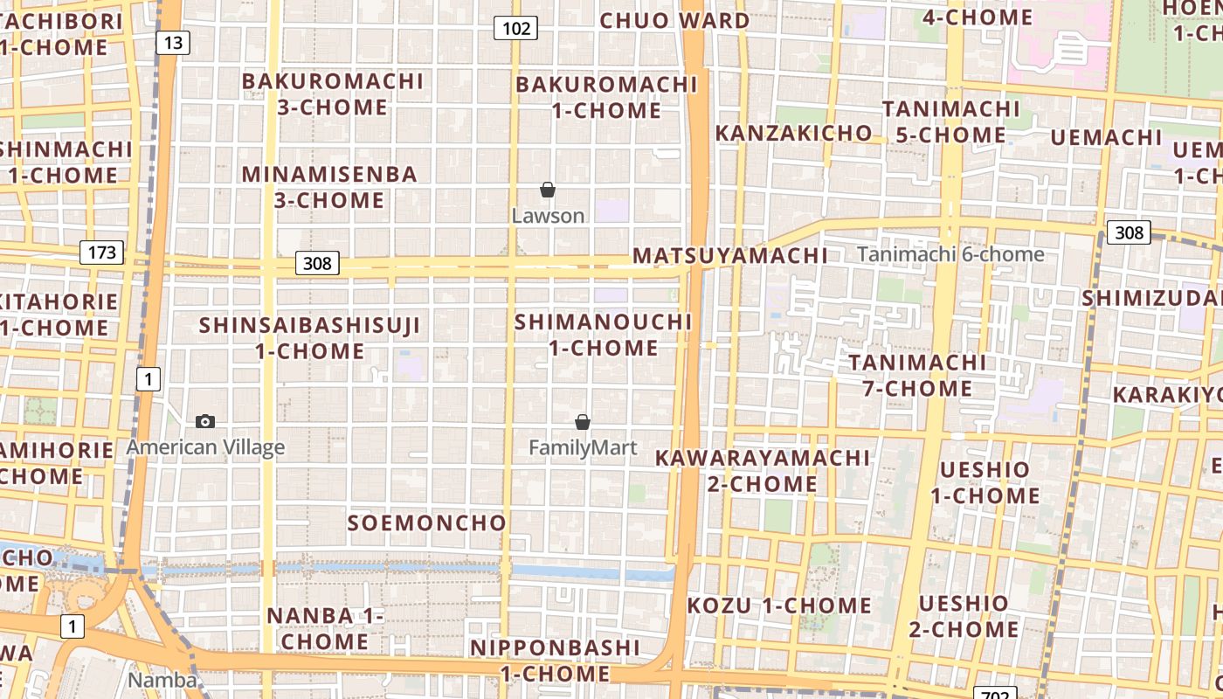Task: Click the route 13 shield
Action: (173, 42)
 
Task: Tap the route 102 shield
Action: (515, 28)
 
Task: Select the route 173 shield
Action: (102, 253)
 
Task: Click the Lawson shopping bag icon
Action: (548, 190)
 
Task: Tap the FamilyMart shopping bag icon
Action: (583, 422)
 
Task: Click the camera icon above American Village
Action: (205, 421)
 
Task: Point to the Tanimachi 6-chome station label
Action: (950, 254)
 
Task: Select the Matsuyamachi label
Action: (730, 256)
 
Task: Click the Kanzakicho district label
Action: (793, 133)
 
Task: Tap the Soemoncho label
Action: (427, 523)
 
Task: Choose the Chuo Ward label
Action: (674, 20)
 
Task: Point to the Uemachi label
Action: (1106, 138)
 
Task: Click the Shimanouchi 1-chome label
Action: (604, 335)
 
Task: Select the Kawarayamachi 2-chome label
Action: (763, 470)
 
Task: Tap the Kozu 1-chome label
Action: (779, 606)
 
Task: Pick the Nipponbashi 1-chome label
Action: (556, 661)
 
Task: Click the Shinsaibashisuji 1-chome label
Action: (310, 338)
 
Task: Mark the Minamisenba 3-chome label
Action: (329, 187)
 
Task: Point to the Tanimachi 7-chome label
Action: (917, 375)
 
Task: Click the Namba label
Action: (162, 680)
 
